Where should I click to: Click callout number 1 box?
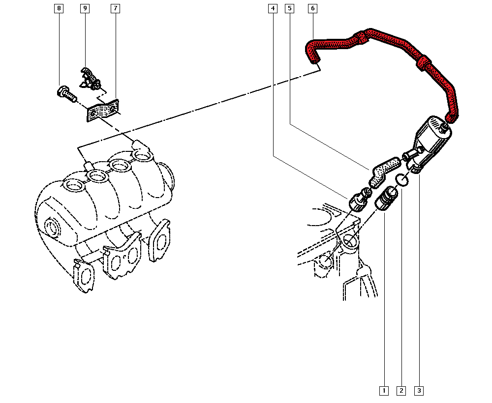pos(384,391)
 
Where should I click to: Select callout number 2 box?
pos(401,391)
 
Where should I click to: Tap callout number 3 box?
pos(419,391)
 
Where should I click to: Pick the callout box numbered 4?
pos(273,8)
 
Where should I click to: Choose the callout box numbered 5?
pos(290,8)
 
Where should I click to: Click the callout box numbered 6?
pos(312,8)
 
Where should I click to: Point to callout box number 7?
pos(116,8)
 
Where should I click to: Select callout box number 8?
pos(59,8)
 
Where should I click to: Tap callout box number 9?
pos(85,8)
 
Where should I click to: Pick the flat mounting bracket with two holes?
pos(103,111)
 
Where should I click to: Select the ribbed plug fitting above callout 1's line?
pos(387,199)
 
